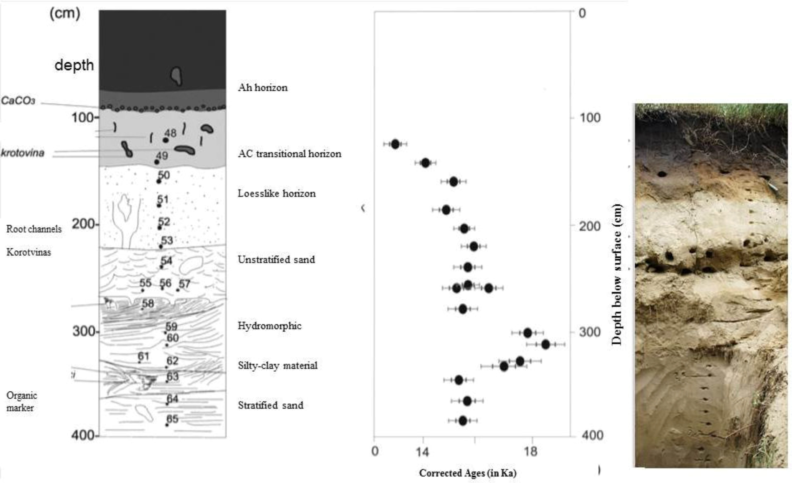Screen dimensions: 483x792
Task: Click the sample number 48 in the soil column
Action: click(170, 133)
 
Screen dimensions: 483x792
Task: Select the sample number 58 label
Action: click(148, 303)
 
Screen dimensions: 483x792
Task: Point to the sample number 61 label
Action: click(143, 356)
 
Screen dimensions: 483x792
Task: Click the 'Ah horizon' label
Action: click(263, 88)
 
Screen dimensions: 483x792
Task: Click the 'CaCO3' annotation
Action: click(18, 101)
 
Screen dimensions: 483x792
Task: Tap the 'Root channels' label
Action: click(34, 229)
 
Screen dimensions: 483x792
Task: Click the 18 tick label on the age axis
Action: click(531, 451)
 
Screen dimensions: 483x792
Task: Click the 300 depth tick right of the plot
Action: click(589, 332)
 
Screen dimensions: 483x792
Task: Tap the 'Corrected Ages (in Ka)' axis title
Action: click(468, 473)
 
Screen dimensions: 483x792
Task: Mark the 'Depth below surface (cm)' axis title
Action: click(616, 274)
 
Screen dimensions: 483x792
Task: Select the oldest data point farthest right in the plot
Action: click(545, 344)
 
